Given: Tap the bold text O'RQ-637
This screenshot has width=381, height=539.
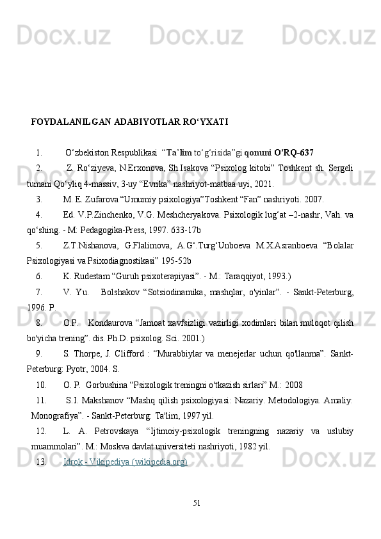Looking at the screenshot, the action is pyautogui.click(x=293, y=153).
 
